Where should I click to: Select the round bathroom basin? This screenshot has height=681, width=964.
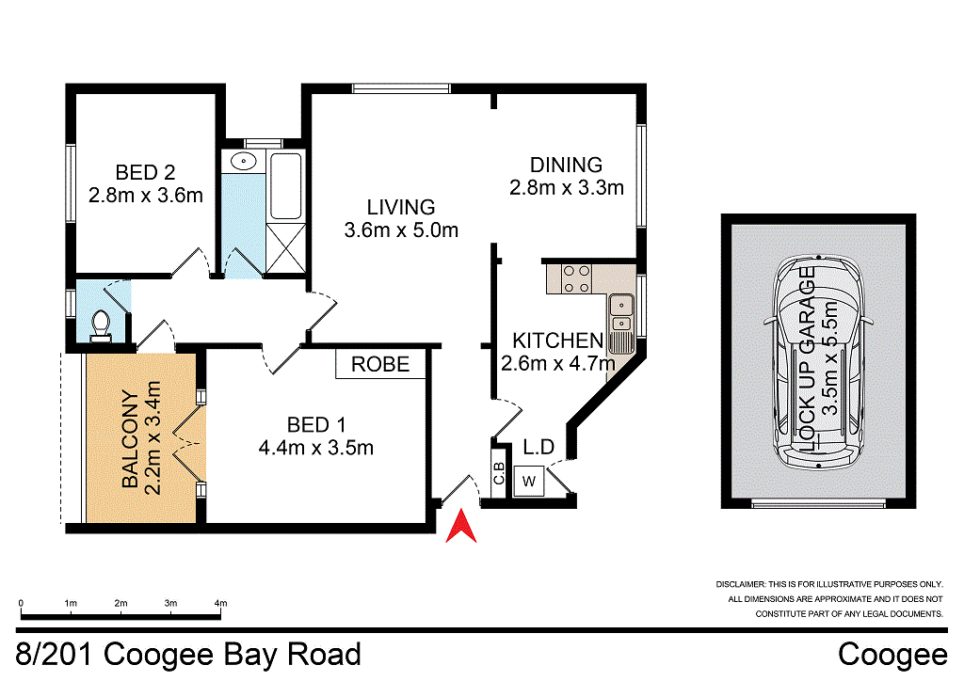pyautogui.click(x=244, y=161)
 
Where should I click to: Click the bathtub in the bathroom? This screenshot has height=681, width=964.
pyautogui.click(x=285, y=183)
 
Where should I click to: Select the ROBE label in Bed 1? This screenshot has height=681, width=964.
pyautogui.click(x=380, y=364)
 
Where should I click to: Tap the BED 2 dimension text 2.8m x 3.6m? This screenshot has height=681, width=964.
pyautogui.click(x=145, y=196)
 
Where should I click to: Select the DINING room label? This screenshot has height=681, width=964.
pyautogui.click(x=565, y=165)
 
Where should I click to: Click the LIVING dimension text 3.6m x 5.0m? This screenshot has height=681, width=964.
pyautogui.click(x=400, y=230)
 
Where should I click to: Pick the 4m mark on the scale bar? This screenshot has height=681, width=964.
pyautogui.click(x=221, y=603)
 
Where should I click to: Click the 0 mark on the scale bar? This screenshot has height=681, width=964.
pyautogui.click(x=21, y=603)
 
